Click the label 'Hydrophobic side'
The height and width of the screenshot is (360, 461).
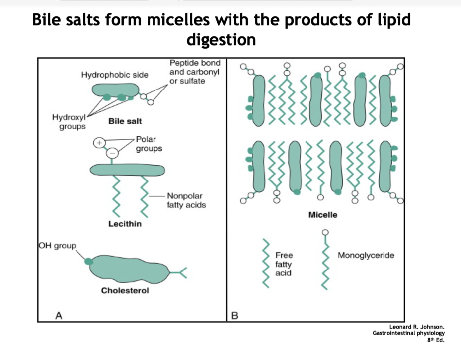point(114,75)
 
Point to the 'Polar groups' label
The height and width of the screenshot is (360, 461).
point(149,144)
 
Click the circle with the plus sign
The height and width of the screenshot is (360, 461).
point(99,142)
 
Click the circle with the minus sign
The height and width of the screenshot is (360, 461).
point(113,152)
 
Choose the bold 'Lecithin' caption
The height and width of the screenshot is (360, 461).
point(125,224)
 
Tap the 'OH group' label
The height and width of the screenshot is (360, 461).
point(58,245)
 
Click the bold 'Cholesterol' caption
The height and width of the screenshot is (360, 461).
point(125,290)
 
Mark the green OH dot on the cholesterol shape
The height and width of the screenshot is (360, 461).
point(88,261)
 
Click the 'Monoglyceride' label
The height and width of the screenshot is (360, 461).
point(366,255)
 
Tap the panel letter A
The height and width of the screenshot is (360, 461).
point(59,315)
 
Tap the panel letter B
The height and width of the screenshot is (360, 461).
point(235,315)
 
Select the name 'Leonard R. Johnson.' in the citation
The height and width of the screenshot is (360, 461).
point(416,327)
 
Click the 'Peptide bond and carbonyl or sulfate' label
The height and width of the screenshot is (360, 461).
point(191,72)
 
